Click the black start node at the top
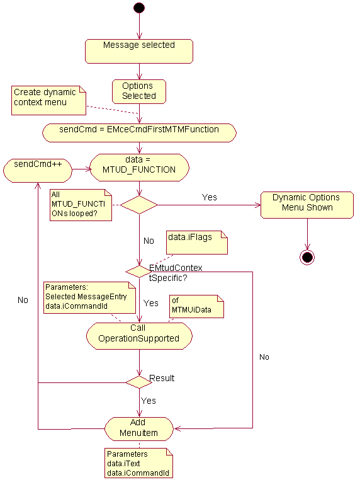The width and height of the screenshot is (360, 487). [x=139, y=8]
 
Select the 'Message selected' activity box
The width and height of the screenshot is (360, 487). [x=138, y=51]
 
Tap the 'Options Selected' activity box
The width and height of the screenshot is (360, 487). [x=138, y=91]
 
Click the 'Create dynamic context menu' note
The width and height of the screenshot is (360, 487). [x=48, y=101]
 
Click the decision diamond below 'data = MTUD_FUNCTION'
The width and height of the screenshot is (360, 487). [x=139, y=205]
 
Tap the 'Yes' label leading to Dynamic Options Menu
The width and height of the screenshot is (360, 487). [x=210, y=197]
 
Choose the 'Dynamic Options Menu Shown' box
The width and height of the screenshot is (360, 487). [x=307, y=205]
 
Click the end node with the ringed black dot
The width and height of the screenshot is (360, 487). [x=307, y=257]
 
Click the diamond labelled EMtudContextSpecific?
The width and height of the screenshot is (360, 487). [x=139, y=272]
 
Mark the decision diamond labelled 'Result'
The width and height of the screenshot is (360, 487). [x=139, y=382]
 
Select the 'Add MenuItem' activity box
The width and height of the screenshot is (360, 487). [x=139, y=429]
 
